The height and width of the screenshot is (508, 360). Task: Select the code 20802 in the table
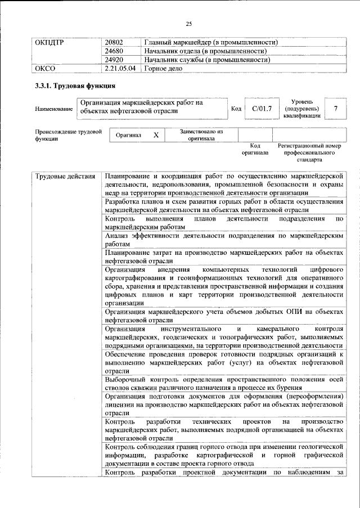coord(115,42)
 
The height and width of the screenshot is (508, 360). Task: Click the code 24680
coord(115,51)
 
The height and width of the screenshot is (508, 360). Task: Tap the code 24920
coord(115,60)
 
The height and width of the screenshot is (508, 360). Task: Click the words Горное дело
coord(164,69)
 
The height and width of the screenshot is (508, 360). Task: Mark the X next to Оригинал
coord(156,136)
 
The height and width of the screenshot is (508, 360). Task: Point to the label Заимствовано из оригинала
coord(201,135)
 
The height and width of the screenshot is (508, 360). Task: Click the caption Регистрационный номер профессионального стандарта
coord(309,152)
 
